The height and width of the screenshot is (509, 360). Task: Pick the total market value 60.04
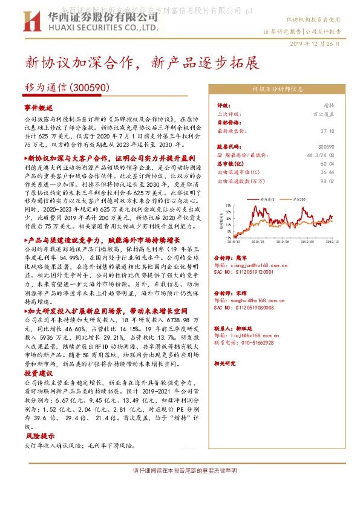click(x=327, y=164)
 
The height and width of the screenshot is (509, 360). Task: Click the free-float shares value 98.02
click(x=327, y=181)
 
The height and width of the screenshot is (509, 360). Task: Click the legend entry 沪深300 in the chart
click(x=298, y=197)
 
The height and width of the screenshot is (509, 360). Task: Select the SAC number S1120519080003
click(x=252, y=307)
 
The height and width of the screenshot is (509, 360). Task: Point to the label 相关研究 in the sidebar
click(x=225, y=363)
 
